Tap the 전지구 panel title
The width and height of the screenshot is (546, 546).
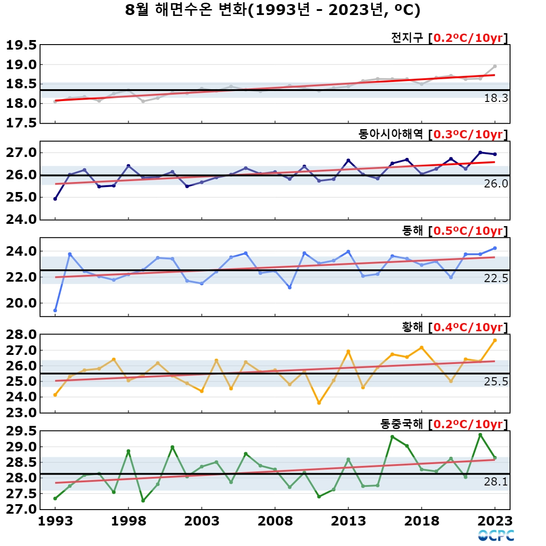407,37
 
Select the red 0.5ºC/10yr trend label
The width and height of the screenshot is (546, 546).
468,231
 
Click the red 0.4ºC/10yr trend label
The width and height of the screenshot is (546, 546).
468,327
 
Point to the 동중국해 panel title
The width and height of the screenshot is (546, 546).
401,424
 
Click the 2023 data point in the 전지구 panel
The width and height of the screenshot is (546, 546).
495,66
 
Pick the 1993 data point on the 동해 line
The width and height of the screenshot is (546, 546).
55,311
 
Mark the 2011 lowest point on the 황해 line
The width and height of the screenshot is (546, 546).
319,403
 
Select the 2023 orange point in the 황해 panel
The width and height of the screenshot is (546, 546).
495,340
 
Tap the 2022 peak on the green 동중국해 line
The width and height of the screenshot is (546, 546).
480,435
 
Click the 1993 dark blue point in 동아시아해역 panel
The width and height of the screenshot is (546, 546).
55,199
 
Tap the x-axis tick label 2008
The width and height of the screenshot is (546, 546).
275,521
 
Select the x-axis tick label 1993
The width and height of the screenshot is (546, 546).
55,521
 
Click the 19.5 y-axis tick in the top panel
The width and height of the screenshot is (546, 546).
21,45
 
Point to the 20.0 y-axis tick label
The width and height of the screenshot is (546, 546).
21,303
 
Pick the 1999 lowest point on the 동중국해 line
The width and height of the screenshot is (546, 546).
143,500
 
